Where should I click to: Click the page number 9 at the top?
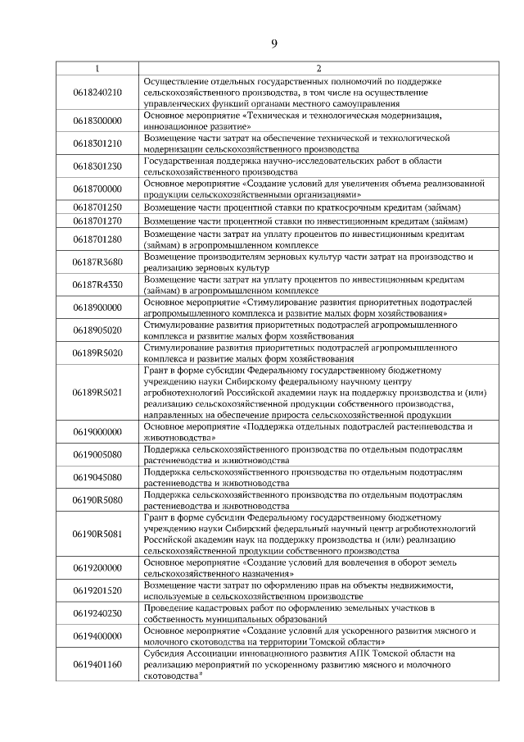273,43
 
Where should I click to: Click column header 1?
97,69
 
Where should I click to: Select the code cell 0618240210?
97,93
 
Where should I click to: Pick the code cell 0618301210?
97,144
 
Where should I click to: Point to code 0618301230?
97,167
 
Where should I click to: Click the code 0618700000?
97,190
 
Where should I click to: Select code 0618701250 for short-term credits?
97,207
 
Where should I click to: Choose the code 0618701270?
97,221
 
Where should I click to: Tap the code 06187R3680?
97,262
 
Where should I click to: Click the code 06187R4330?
97,285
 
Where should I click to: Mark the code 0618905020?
97,330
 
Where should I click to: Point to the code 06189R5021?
97,393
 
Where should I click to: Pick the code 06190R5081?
97,535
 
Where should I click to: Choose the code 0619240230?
97,613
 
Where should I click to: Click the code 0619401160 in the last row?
97,665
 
